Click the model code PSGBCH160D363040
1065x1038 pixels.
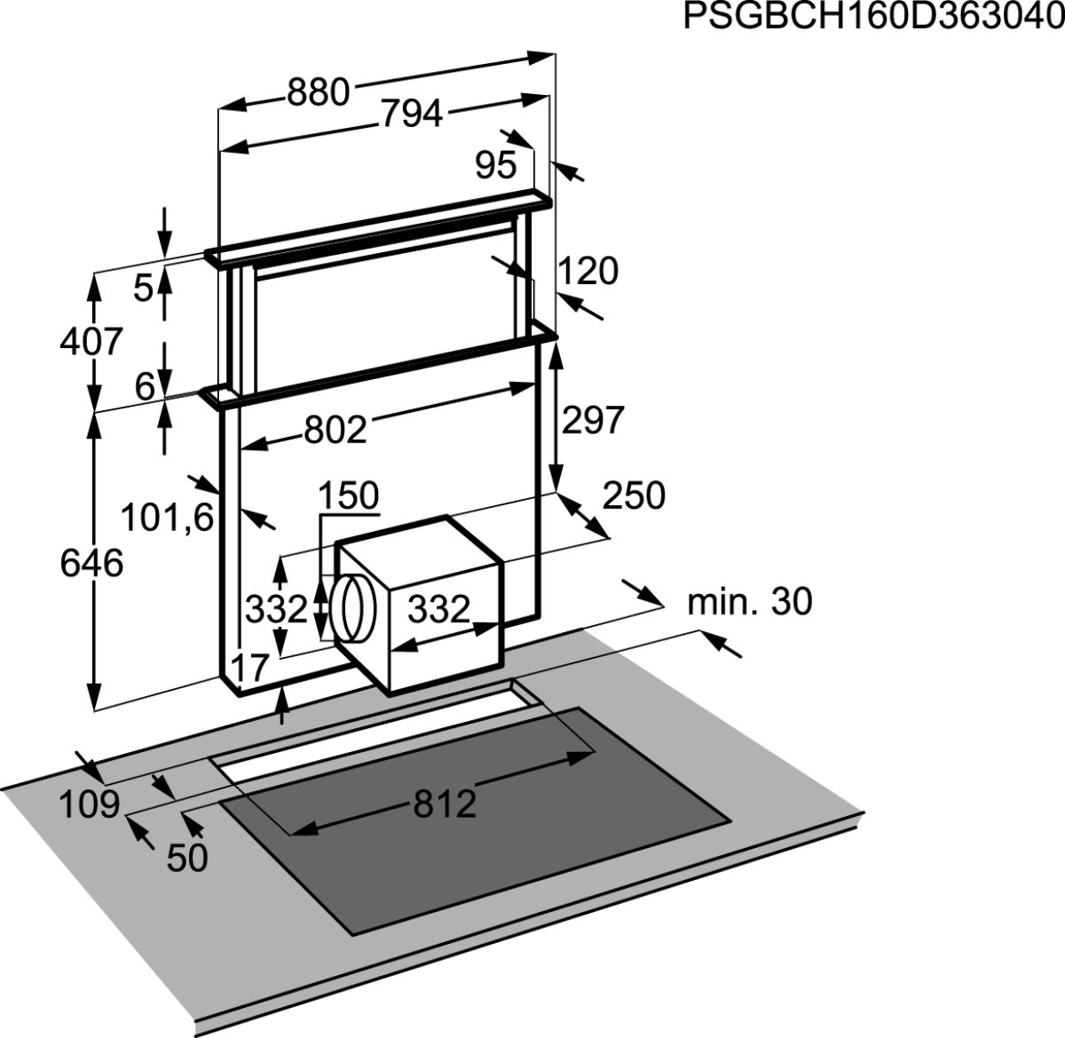pos(874,17)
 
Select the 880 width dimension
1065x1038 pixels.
pos(319,92)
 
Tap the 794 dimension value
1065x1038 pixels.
pos(412,114)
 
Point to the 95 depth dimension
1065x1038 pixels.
pos(496,165)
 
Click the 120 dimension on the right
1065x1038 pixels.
pos(588,271)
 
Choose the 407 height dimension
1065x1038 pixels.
pos(91,342)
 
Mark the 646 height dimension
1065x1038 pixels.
pos(91,563)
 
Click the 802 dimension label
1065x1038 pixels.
pos(335,430)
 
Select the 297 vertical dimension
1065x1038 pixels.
pos(593,420)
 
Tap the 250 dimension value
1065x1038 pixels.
pos(634,495)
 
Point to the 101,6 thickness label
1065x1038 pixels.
pos(167,518)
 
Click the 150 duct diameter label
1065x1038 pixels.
pos(348,495)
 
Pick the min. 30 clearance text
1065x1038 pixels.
pos(750,602)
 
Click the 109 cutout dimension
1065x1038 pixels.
pos(89,804)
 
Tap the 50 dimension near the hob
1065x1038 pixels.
pos(187,858)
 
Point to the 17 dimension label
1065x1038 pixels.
pos(250,668)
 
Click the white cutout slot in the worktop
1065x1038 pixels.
pos(377,732)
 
